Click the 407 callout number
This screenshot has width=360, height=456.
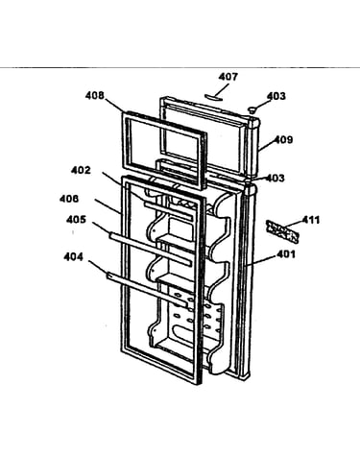[x=228, y=77]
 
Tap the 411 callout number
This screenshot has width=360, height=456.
[x=311, y=220]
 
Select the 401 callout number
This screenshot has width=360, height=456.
[x=286, y=254]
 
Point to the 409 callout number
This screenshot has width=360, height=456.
[x=283, y=140]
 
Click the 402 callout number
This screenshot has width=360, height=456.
[x=81, y=170]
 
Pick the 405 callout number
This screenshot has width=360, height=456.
[x=76, y=220]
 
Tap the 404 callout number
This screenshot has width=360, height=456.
[x=73, y=256]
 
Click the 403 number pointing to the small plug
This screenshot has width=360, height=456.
[x=276, y=96]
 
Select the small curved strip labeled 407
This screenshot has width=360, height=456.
[x=214, y=97]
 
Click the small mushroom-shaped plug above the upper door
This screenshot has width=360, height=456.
[x=252, y=110]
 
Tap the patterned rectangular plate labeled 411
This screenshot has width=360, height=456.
[x=281, y=231]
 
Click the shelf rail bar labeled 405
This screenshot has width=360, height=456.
[x=151, y=250]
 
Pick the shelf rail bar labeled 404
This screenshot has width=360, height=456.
[x=147, y=288]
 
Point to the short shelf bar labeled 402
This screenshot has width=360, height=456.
[x=168, y=211]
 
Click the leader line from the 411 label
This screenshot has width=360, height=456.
[x=293, y=225]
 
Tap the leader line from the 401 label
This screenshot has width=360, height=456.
[x=261, y=260]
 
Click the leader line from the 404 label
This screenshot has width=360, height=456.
[x=98, y=267]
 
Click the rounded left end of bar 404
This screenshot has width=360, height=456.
[x=108, y=275]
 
